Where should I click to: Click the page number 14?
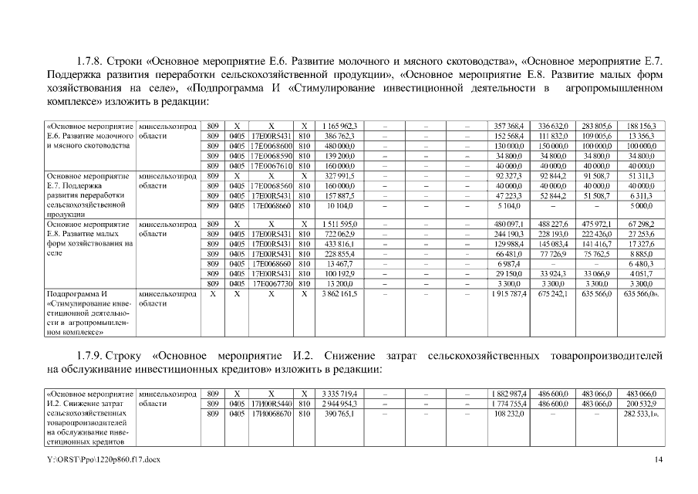658,461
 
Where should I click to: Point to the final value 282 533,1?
642,414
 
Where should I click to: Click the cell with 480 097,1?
509,225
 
